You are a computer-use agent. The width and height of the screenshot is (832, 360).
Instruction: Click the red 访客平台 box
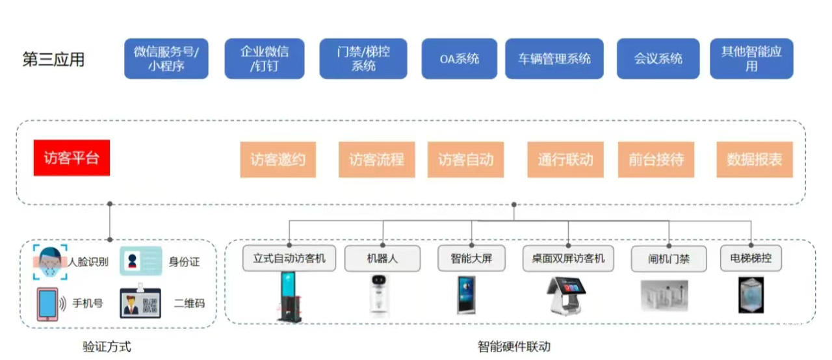(71, 158)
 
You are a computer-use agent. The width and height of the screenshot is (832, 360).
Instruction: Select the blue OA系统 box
(459, 59)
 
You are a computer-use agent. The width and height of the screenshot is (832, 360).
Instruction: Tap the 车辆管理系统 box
(554, 59)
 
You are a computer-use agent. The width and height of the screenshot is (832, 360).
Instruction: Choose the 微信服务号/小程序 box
(166, 59)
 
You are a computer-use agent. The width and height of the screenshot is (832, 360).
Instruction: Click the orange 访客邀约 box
(278, 159)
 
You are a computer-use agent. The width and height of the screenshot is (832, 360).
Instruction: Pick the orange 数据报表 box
(755, 159)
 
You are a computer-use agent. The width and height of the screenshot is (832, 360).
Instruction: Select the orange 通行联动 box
(565, 159)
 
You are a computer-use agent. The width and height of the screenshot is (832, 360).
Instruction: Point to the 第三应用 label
(53, 60)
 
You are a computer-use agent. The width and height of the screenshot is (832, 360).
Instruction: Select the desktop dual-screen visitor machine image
(563, 295)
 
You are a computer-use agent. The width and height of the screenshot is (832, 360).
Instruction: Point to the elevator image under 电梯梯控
(751, 294)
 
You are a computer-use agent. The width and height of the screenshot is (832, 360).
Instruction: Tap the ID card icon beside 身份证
(140, 261)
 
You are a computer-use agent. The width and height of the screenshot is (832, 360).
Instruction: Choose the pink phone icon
(47, 303)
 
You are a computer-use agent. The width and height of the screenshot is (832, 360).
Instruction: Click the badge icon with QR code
(140, 303)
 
